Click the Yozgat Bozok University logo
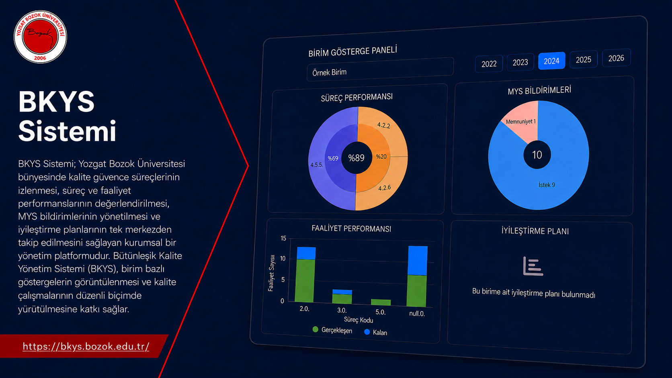click(x=40, y=37)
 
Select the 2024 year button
click(x=551, y=61)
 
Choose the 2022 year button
click(x=489, y=63)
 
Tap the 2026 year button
click(x=616, y=58)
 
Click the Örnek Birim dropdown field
click(x=380, y=69)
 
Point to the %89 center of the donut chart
click(x=356, y=158)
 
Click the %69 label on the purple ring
click(x=333, y=158)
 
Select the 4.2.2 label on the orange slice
click(x=384, y=125)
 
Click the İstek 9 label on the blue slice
click(x=547, y=185)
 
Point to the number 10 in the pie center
click(x=537, y=155)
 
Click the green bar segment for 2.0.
click(x=305, y=280)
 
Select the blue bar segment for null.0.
click(x=418, y=261)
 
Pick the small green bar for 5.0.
click(x=381, y=302)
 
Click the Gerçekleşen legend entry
click(x=332, y=330)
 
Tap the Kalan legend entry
click(x=376, y=332)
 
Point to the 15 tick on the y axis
click(x=283, y=238)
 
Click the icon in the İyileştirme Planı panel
click(x=533, y=266)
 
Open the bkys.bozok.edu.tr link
click(x=86, y=347)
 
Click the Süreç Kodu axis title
click(x=359, y=320)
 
